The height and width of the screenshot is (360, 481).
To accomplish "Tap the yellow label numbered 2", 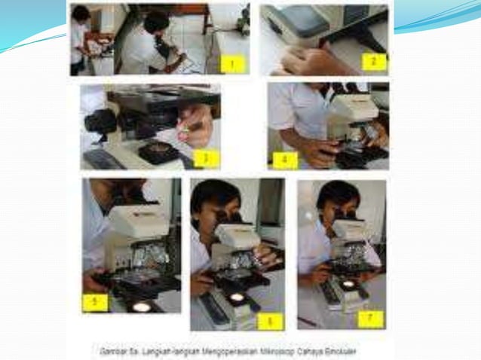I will pyautogui.click(x=374, y=60).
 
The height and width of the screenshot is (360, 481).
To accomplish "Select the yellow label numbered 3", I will pyautogui.click(x=205, y=158).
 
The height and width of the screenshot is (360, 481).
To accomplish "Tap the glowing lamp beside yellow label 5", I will pyautogui.click(x=139, y=306).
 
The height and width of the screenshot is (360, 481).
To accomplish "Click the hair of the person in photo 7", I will pyautogui.click(x=335, y=195).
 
